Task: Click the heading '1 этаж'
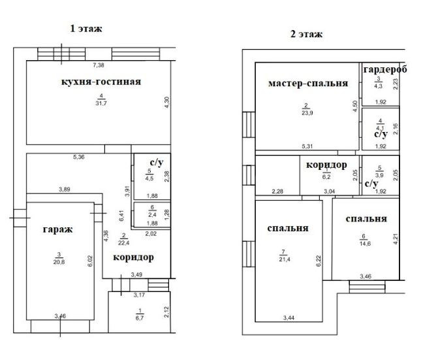(86, 29)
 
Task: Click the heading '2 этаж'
(306, 34)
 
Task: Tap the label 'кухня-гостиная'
(101, 82)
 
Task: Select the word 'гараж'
(58, 229)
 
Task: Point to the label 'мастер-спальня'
(308, 83)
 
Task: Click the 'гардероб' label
(385, 69)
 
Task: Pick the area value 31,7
(101, 103)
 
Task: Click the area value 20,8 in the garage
(59, 262)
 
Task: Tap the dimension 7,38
(99, 65)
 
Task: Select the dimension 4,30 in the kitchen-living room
(166, 103)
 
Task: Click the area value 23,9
(307, 113)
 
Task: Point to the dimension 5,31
(307, 146)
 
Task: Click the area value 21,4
(285, 259)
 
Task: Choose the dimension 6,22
(319, 261)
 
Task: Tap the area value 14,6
(365, 244)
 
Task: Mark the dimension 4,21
(396, 239)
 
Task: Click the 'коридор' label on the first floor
(133, 257)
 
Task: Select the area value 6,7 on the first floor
(140, 318)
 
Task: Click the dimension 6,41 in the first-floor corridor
(121, 216)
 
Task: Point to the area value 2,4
(153, 215)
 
